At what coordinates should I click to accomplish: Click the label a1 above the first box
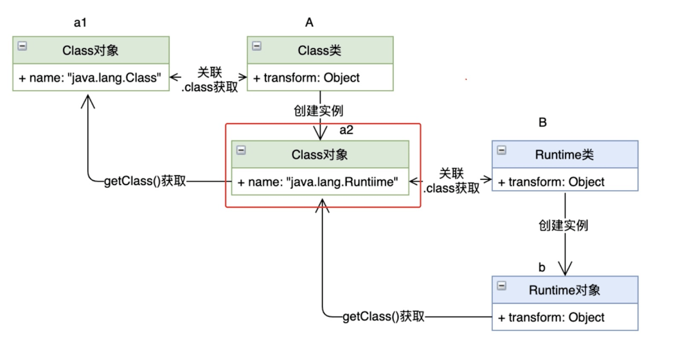(x=80, y=22)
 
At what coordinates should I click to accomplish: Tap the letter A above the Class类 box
(x=309, y=22)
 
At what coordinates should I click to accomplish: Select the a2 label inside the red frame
(x=346, y=130)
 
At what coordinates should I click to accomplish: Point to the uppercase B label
(x=542, y=123)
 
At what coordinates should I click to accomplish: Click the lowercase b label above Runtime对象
(x=542, y=267)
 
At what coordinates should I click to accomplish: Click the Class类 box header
(x=320, y=51)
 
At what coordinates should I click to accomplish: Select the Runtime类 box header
(x=565, y=154)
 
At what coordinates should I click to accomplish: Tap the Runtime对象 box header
(x=565, y=290)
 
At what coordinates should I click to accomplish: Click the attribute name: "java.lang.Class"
(x=90, y=78)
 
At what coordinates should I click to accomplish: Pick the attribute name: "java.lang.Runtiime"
(x=318, y=182)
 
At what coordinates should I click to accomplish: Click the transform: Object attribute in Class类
(x=307, y=78)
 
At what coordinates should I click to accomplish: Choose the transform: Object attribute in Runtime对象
(x=551, y=318)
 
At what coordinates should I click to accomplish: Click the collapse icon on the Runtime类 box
(x=501, y=150)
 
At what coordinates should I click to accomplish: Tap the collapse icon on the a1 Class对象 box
(x=22, y=46)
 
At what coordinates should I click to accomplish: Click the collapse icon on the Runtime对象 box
(x=501, y=285)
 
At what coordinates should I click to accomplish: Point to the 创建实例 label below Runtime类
(x=564, y=226)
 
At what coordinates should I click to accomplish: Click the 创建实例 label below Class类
(x=318, y=111)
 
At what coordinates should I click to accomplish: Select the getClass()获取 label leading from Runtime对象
(x=383, y=316)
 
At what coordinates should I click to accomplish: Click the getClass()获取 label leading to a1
(x=145, y=181)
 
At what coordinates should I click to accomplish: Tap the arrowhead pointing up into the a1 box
(x=88, y=102)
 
